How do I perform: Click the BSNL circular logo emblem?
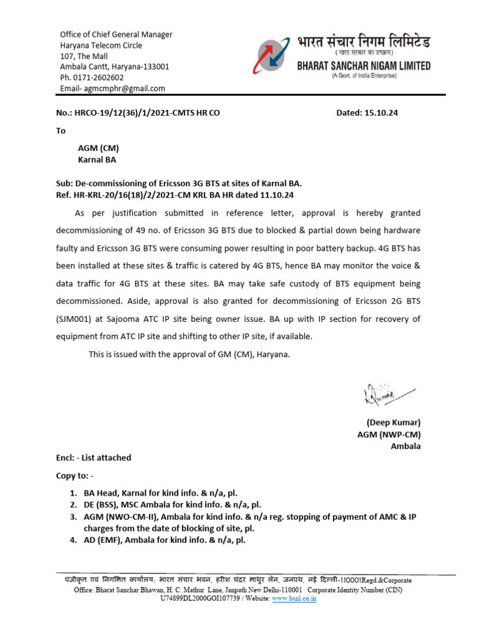click(274, 57)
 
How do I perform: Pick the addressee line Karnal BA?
click(96, 160)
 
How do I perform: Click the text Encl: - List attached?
click(93, 458)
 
